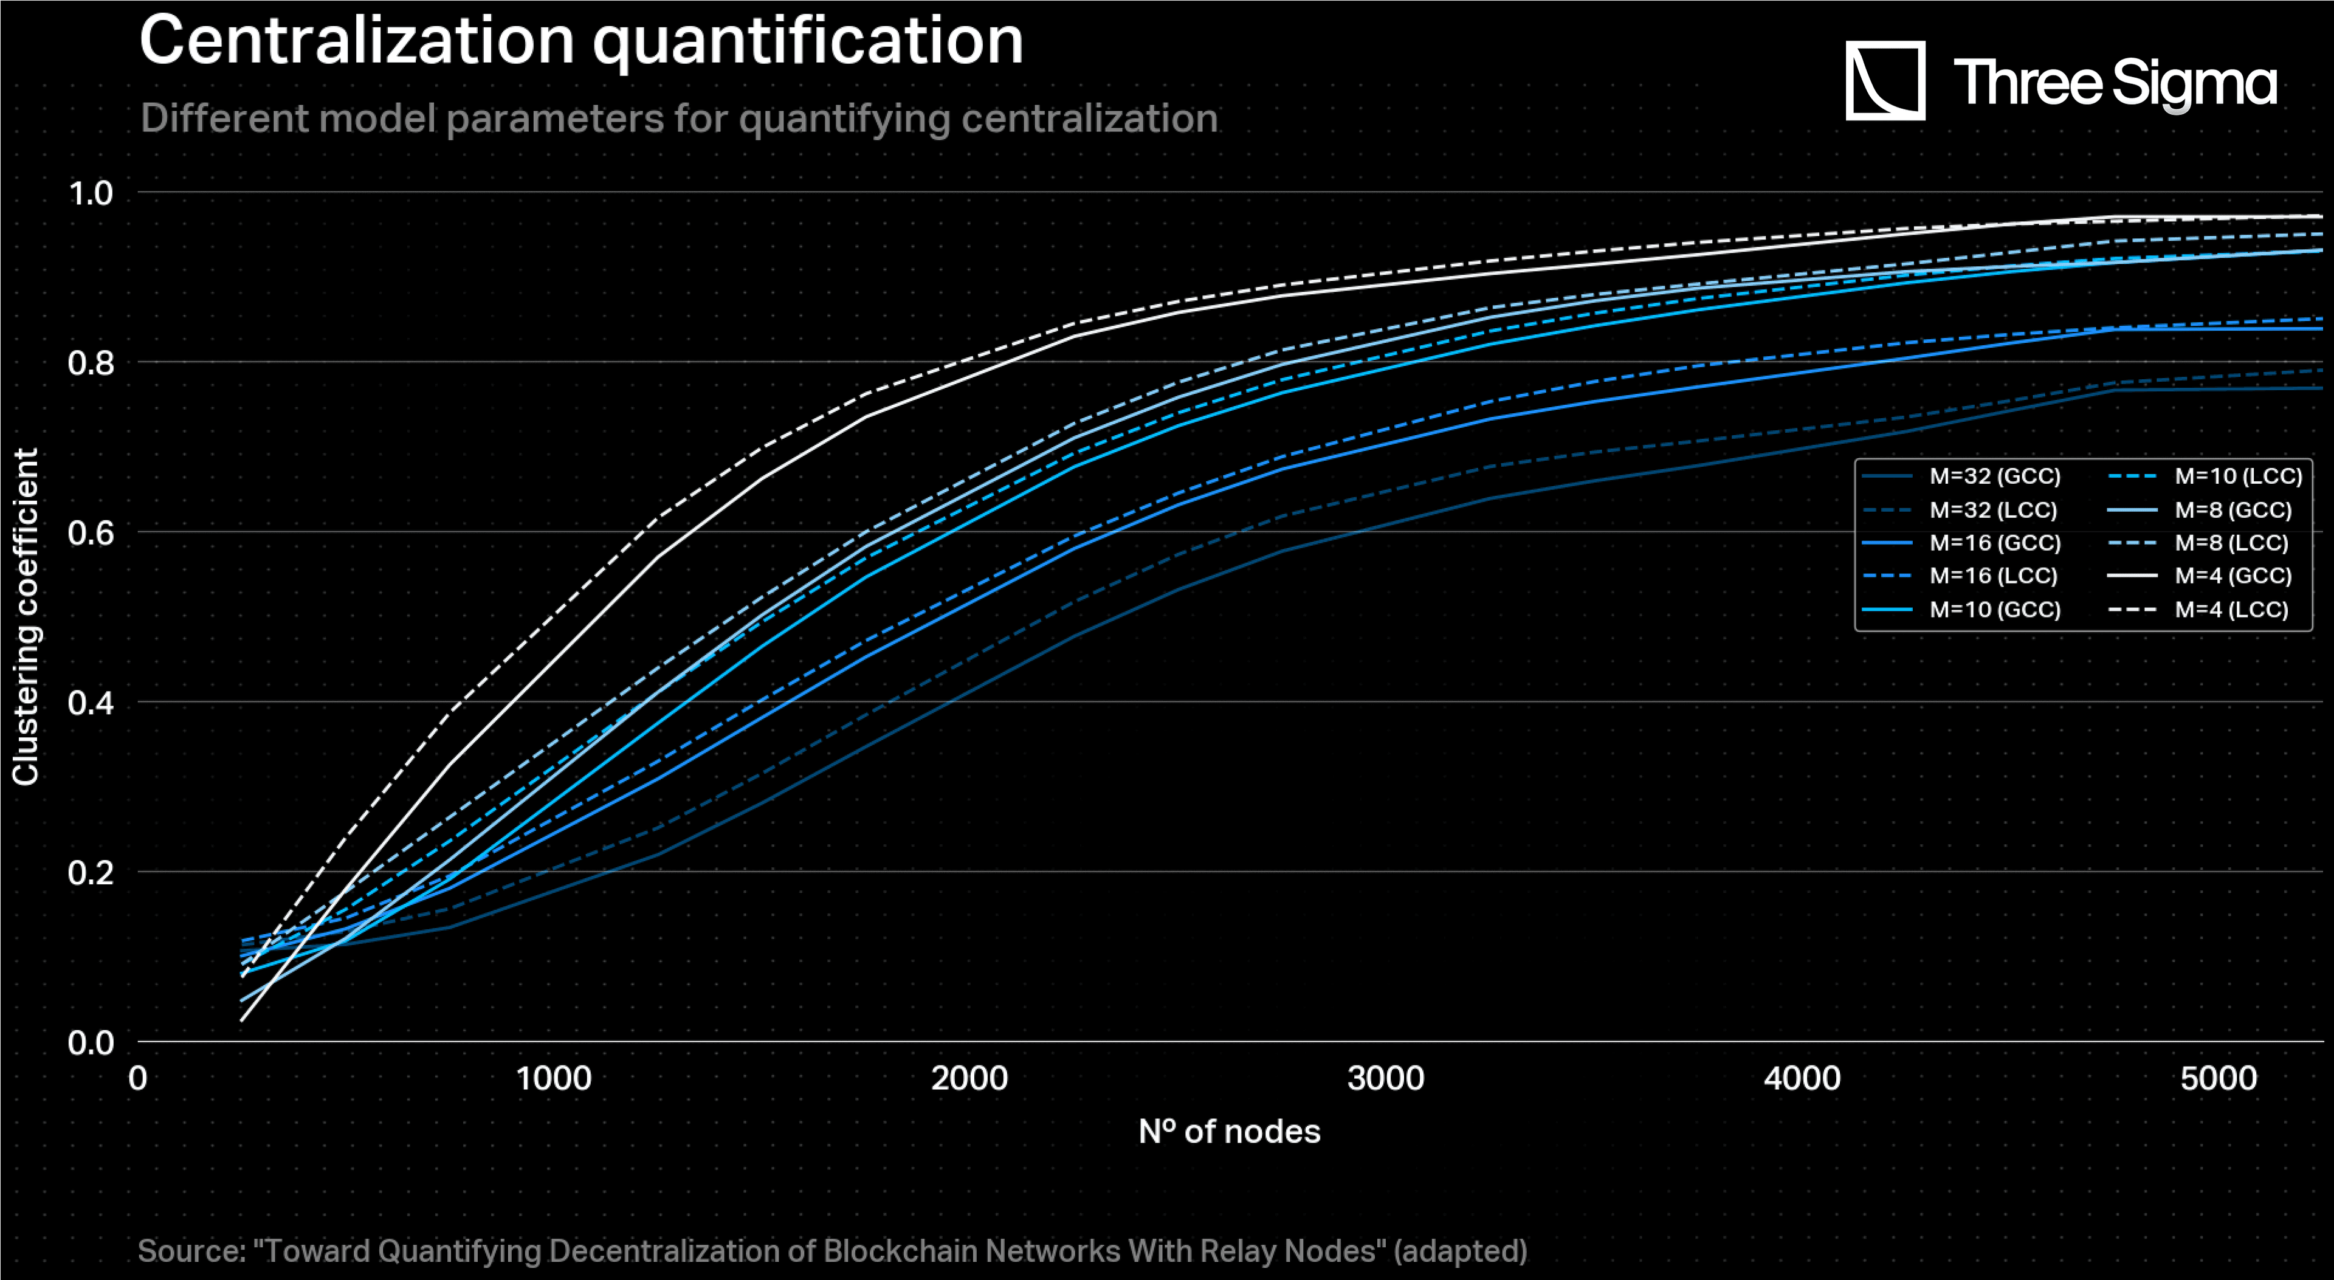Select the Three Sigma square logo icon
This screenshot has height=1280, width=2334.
pos(1885,81)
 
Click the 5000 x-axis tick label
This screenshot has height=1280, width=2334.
pos(2218,1078)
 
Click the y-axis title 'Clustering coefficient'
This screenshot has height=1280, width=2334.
pos(26,616)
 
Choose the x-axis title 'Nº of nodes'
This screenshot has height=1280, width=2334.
pos(1230,1132)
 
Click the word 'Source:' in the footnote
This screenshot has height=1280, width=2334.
pos(192,1251)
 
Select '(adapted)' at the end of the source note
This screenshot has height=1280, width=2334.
pos(1461,1251)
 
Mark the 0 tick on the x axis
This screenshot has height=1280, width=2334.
pos(138,1078)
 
